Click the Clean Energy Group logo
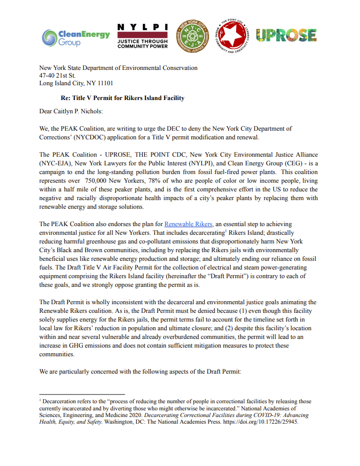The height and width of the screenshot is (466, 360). [76, 37]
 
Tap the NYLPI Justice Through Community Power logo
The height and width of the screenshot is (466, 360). [142, 36]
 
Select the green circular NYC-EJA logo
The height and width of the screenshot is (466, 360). [192, 37]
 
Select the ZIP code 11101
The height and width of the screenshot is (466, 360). [103, 83]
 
